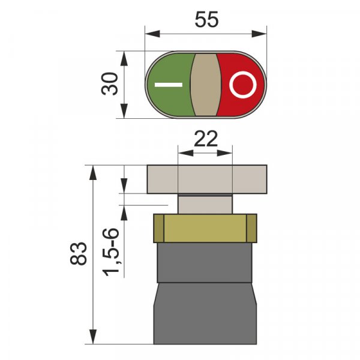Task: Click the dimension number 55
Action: click(x=206, y=20)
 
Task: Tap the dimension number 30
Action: click(x=110, y=83)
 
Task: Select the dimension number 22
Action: click(x=205, y=139)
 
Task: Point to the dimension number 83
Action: click(x=79, y=253)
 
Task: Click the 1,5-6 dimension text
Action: click(x=111, y=252)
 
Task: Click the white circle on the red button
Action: click(x=242, y=85)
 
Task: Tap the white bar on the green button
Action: click(x=169, y=85)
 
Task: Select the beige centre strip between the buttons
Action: click(x=205, y=85)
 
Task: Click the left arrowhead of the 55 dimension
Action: click(x=152, y=34)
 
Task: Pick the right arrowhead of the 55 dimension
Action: click(x=259, y=34)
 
